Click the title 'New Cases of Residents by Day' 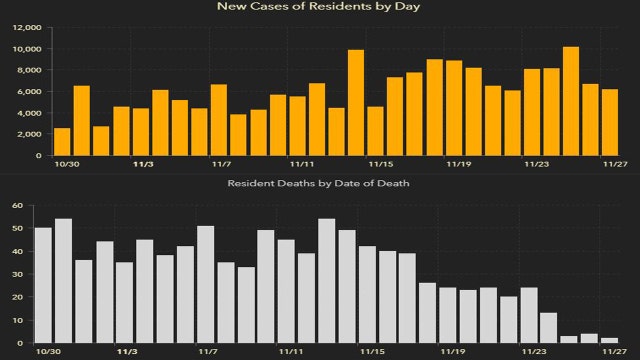click(x=319, y=7)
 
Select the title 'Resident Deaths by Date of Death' click(x=319, y=185)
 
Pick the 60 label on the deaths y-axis click(x=17, y=206)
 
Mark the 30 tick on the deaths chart click(x=17, y=274)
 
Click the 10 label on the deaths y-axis click(x=17, y=320)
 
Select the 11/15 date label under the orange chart click(x=381, y=163)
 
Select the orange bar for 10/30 click(x=62, y=141)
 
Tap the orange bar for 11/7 click(x=219, y=120)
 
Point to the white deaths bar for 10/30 click(x=43, y=285)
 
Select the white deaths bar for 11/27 click(x=610, y=340)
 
